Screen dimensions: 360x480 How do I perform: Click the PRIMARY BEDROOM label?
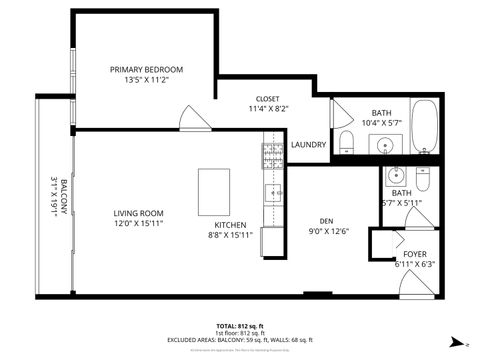click(x=146, y=69)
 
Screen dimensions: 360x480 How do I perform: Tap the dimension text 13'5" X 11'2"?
click(x=146, y=80)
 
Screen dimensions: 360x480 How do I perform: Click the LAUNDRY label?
click(x=309, y=144)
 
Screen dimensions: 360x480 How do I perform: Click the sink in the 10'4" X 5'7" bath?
click(x=383, y=147)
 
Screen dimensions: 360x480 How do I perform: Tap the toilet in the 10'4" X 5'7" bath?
click(x=347, y=140)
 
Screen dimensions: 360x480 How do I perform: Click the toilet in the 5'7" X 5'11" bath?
click(x=423, y=180)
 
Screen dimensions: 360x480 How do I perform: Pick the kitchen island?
click(x=214, y=187)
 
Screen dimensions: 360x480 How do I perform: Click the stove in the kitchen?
click(x=272, y=155)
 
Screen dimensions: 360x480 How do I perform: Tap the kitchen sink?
click(x=271, y=191)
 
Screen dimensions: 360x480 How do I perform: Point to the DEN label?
click(x=326, y=221)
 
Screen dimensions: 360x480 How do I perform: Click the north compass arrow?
click(x=455, y=340)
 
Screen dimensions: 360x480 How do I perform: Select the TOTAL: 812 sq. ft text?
click(x=240, y=326)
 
